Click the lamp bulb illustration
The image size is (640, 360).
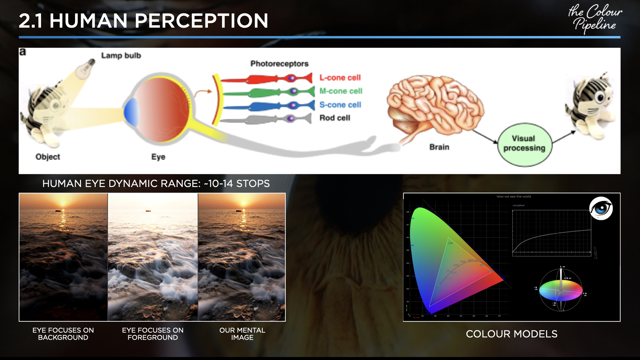point(86,68)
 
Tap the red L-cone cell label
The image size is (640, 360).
point(340,78)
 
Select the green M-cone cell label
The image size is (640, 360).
point(341,91)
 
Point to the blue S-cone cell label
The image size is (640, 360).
point(340,105)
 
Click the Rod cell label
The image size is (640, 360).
point(335,118)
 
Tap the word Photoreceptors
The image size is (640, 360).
point(279,64)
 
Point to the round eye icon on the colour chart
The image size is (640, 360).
point(601,208)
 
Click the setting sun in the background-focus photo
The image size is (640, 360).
point(63,204)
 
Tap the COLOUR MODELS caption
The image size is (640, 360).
point(511,334)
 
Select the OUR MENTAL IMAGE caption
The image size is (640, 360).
point(242,334)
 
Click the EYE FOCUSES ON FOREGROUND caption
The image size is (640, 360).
point(153,334)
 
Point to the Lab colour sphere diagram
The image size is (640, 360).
point(561,290)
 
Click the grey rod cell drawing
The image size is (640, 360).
point(267,119)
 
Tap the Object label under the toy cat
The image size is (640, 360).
point(48,157)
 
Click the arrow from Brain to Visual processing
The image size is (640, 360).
point(485,136)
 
